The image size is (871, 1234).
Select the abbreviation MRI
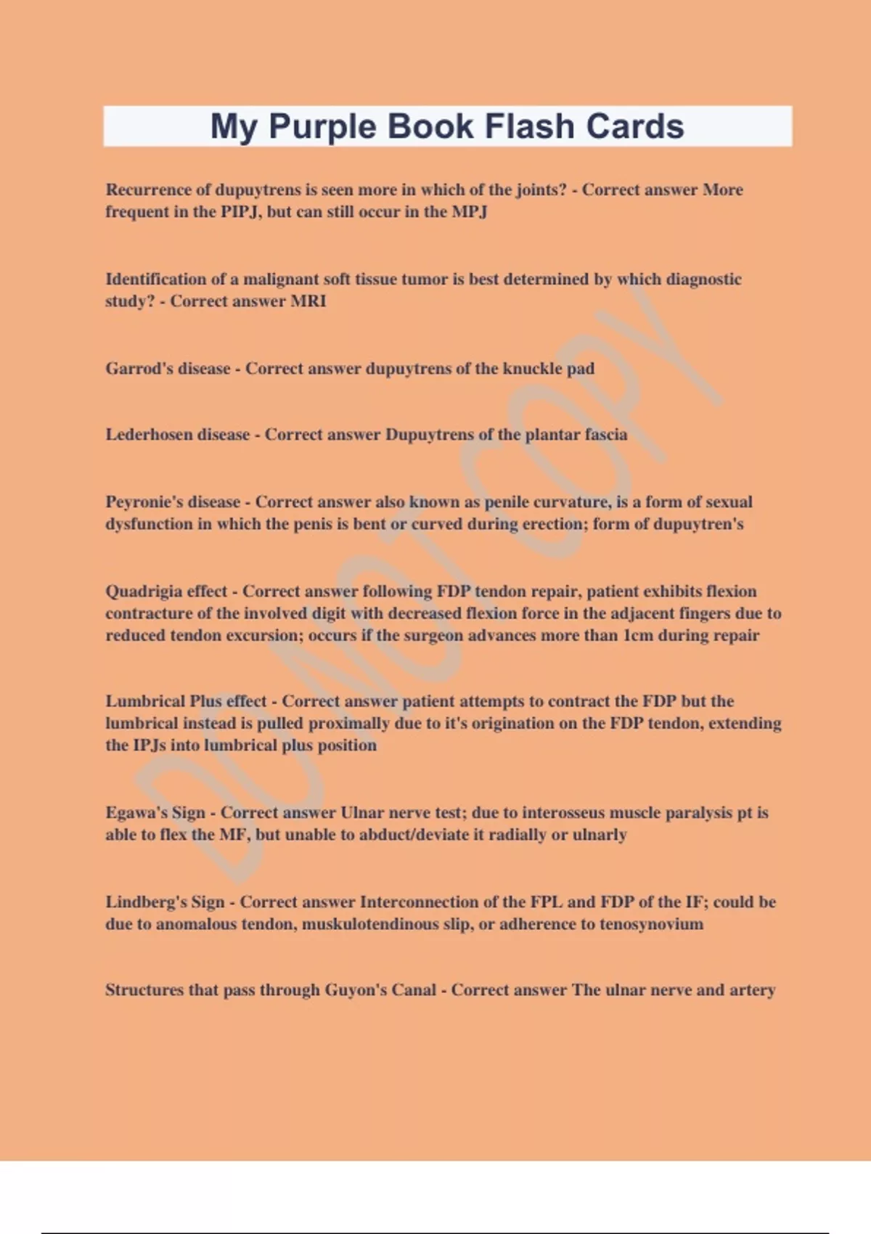pyautogui.click(x=308, y=301)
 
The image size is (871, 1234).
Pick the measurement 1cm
pyautogui.click(x=638, y=635)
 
